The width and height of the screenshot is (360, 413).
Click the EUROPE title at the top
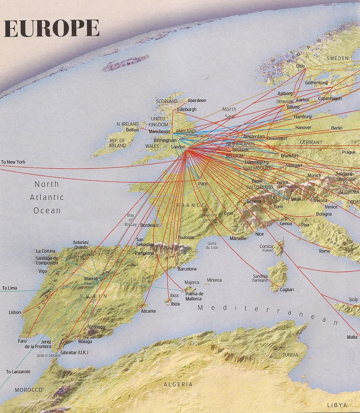(x=52, y=29)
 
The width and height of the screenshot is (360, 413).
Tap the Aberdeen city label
(x=197, y=100)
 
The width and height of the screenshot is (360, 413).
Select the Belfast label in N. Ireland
(x=132, y=130)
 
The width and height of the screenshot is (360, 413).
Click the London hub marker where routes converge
(x=187, y=148)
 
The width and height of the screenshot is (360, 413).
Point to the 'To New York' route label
(x=13, y=162)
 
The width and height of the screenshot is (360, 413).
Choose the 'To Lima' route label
(x=10, y=288)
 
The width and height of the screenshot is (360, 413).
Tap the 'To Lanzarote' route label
(x=18, y=371)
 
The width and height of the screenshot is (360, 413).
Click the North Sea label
(x=229, y=113)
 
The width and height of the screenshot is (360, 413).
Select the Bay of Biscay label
(x=130, y=220)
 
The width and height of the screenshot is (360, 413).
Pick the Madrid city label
(x=90, y=279)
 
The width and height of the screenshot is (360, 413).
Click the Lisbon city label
(x=15, y=313)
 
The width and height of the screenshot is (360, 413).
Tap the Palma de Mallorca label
(x=194, y=296)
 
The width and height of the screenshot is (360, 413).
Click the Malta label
(x=352, y=337)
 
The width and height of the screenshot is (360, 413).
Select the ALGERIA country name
(x=178, y=384)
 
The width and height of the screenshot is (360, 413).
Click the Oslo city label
(x=300, y=66)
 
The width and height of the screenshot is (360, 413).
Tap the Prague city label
(x=349, y=152)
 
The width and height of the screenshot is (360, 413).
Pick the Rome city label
(x=324, y=251)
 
